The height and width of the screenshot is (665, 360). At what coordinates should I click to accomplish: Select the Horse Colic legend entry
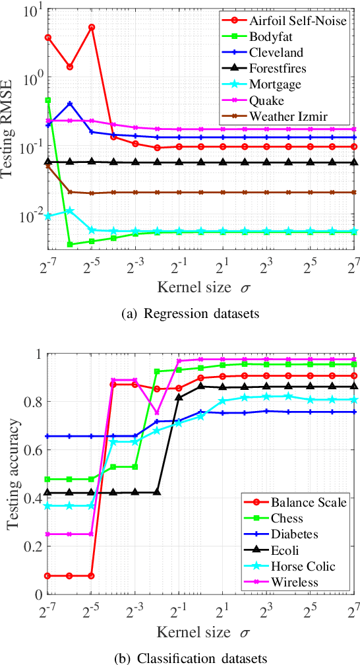[292, 566]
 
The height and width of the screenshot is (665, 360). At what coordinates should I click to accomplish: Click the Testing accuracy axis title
[12, 474]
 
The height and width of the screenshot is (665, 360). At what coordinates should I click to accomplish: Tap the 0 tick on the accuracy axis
[37, 594]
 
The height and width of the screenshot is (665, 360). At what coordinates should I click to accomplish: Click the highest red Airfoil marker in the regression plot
[92, 27]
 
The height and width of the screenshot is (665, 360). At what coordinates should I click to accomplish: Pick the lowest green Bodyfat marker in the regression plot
[70, 245]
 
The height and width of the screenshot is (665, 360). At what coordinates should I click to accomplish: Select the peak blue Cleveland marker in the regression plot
[70, 104]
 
